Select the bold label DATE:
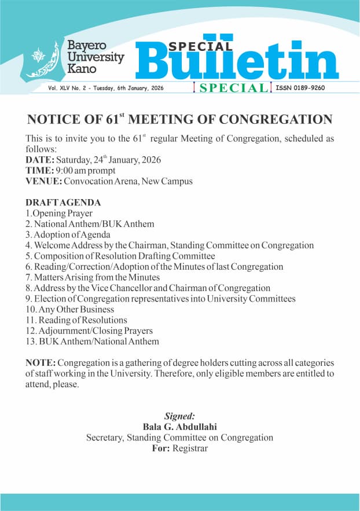pos(40,160)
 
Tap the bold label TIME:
pos(39,171)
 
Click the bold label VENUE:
pos(43,181)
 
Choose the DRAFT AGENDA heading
pos(63,203)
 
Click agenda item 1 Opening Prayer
pos(59,214)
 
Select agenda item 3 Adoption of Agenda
pos(68,235)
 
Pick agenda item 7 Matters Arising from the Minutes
pos(92,278)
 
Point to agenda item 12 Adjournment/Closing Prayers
pos(89,331)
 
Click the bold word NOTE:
pos(41,363)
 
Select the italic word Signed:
pos(180,416)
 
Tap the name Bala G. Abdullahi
pos(180,427)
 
